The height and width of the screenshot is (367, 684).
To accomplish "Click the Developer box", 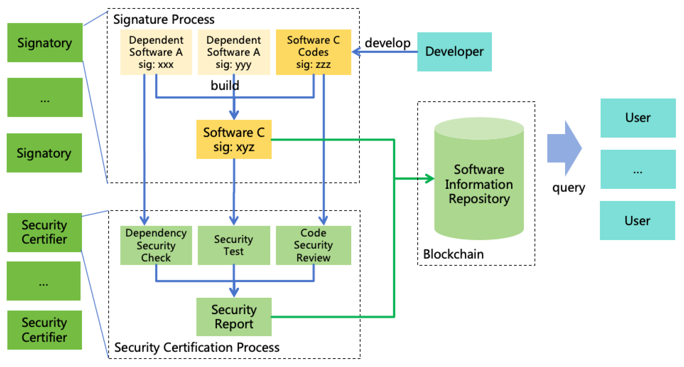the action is point(454,52).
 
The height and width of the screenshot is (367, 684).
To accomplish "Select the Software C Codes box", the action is point(313,52).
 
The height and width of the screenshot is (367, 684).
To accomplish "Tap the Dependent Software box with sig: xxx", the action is point(156,52).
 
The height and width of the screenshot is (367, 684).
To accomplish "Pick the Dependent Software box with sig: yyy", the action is point(234,52).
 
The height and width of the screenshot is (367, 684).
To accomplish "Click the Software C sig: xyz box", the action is point(234,139).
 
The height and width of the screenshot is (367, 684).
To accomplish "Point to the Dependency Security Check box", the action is point(156,245).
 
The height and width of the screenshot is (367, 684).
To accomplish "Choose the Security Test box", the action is point(234,245).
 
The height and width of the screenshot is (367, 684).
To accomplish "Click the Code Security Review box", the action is point(313,245).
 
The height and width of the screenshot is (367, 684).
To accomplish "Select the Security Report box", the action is point(234,317).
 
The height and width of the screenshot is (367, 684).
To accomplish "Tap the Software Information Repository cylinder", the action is point(479,179).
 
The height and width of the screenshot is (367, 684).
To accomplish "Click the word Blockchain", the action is point(453,254).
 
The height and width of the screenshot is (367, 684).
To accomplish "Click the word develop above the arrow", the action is point(387,43).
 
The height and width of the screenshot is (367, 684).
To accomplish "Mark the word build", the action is point(225,85).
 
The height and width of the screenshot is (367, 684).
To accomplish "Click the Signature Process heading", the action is point(164,19).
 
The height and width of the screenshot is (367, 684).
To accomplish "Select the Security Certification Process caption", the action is point(197,347).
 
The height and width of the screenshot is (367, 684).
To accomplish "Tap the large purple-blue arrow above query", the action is point(564,148).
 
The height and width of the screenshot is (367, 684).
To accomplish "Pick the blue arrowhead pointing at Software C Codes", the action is point(356,52).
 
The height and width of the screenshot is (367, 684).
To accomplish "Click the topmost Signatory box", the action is point(45,43).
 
